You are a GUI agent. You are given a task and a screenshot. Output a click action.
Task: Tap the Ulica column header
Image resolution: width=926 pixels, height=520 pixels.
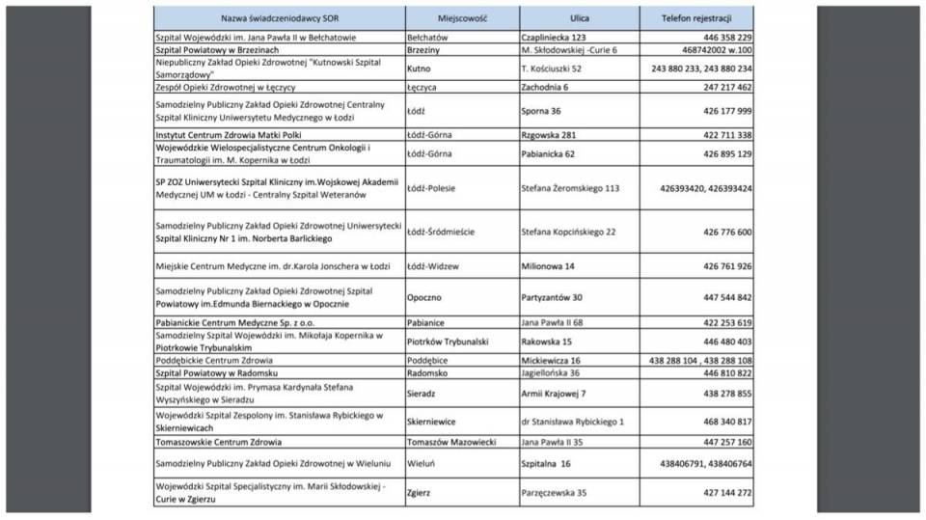579,18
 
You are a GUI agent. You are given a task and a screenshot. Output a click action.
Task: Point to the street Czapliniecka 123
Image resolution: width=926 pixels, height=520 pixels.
554,38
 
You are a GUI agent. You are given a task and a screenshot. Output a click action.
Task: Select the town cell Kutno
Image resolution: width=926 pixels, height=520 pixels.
419,69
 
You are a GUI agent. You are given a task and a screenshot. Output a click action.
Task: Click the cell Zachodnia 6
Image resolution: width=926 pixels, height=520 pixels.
545,87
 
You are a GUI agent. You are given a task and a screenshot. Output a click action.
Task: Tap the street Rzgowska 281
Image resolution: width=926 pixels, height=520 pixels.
549,135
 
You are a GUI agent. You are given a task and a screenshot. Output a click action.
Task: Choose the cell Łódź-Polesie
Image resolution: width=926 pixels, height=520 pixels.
430,188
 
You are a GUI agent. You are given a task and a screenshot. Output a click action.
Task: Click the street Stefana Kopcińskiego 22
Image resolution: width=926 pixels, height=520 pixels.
568,232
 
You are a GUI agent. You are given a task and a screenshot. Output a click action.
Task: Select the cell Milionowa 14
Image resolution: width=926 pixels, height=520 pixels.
548,266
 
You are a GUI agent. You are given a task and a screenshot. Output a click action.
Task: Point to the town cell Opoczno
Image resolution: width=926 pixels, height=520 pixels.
424,298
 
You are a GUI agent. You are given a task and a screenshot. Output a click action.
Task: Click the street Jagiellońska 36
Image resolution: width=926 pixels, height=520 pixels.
550,372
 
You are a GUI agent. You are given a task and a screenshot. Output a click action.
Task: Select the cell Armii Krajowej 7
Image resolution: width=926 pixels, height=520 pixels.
553,394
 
